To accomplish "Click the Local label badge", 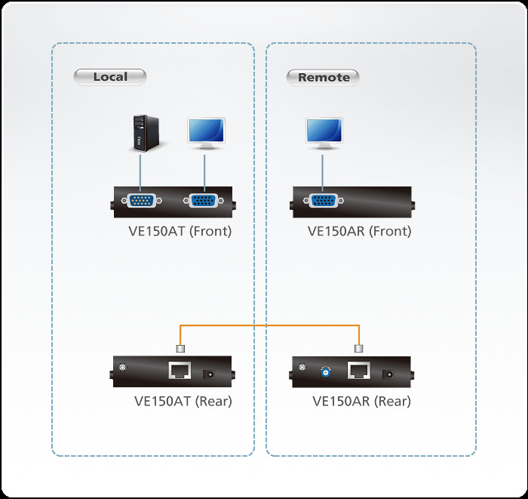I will [109, 76].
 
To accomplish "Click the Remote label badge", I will [324, 77].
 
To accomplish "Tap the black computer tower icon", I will [140, 133].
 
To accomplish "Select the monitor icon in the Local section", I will [204, 133].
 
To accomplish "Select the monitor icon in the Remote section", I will [323, 133].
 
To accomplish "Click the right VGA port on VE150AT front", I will [201, 201].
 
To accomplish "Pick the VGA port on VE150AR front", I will [323, 201].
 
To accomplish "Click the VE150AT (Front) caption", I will [180, 231].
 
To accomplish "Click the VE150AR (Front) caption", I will [360, 231].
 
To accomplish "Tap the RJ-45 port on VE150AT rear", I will [180, 371].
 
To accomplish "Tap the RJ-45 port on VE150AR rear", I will [358, 371].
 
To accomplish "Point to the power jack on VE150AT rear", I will [210, 372].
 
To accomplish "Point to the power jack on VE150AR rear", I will [390, 372].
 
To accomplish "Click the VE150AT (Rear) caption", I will [183, 402].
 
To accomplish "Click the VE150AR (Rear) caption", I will [362, 402].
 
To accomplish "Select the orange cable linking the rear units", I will [269, 325].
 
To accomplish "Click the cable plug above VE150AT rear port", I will [180, 348].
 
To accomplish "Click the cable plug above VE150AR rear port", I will [359, 348].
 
